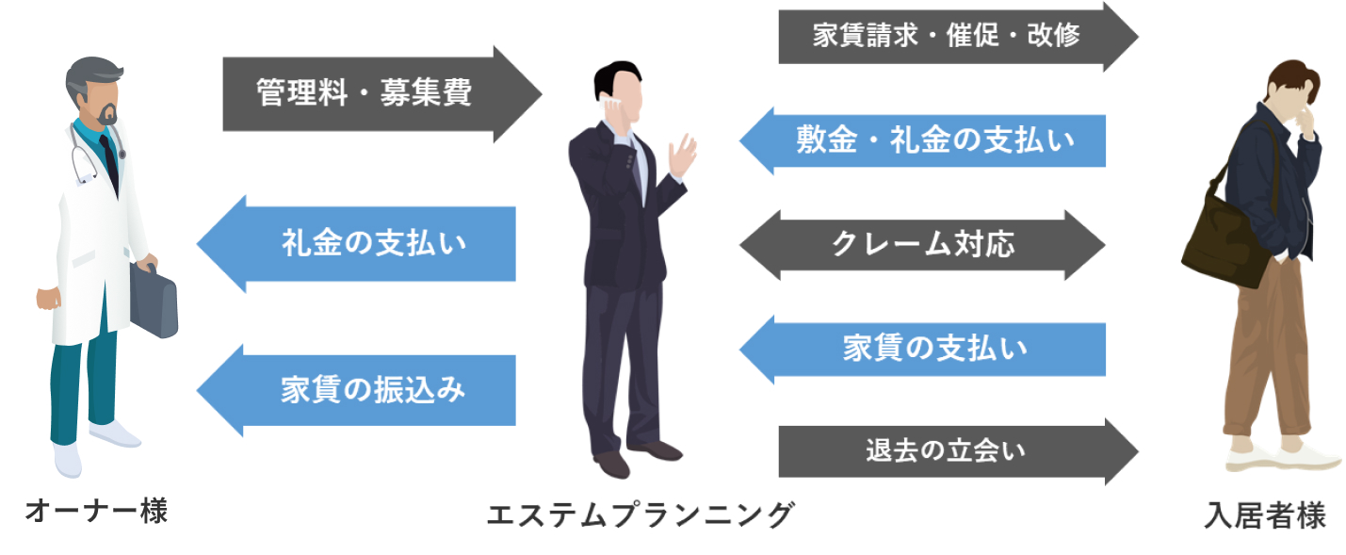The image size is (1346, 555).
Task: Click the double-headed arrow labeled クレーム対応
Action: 922,245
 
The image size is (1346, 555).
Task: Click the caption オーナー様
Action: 96,513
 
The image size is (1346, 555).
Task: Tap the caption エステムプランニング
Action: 641,514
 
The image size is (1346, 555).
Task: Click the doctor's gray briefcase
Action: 154,300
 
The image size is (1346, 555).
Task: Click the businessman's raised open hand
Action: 681,155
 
